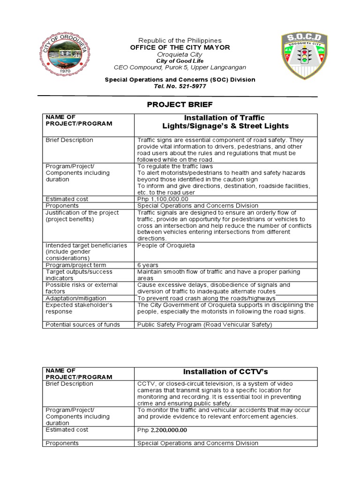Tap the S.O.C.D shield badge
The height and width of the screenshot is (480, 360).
[x=304, y=55]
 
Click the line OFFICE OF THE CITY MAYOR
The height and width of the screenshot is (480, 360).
[x=180, y=48]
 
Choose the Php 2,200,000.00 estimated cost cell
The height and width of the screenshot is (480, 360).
[x=162, y=430]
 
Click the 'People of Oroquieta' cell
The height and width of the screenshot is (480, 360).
[x=166, y=245]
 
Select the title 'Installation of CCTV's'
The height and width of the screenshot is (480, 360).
[x=225, y=372]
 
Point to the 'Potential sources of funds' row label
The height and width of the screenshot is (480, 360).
[x=82, y=324]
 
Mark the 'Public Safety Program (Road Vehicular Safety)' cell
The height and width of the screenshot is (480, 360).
[x=204, y=324]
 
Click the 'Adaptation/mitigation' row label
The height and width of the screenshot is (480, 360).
[x=76, y=298]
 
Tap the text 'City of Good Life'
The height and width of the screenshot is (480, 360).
[x=180, y=61]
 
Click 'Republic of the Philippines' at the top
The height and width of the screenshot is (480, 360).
[x=180, y=41]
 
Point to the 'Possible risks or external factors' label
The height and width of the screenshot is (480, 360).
[x=82, y=288]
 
